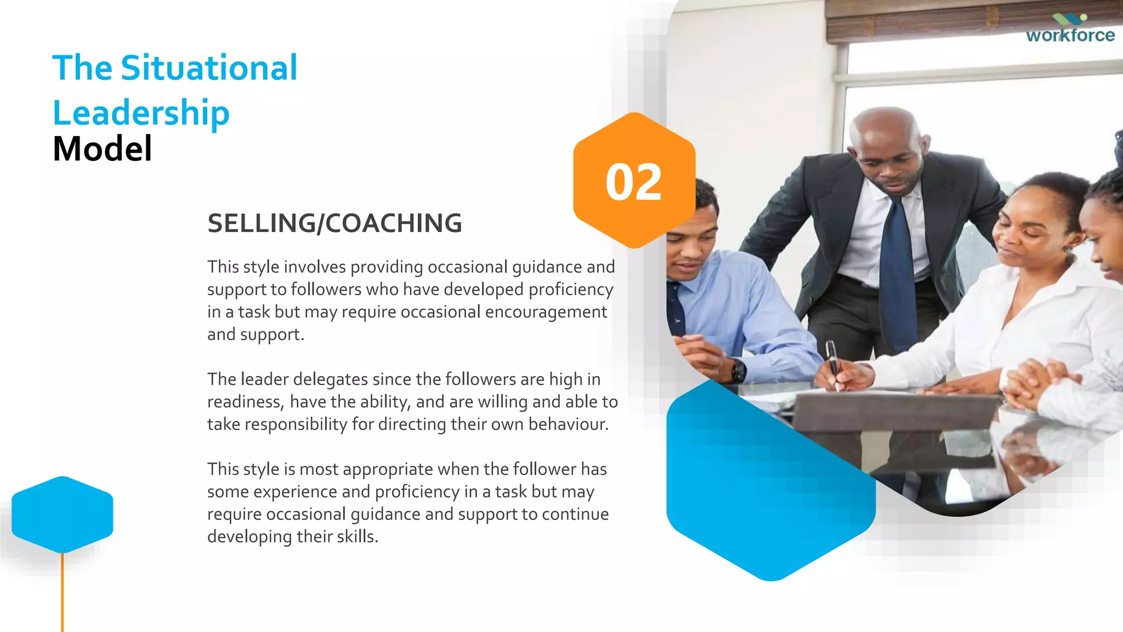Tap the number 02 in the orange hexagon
coord(633,182)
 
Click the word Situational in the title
coord(209,68)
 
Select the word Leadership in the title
coord(141,113)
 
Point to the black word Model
coord(103,149)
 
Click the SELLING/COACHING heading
coord(334,223)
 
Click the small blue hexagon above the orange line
coord(63,514)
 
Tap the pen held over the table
coord(833,362)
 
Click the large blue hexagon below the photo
coord(768,494)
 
